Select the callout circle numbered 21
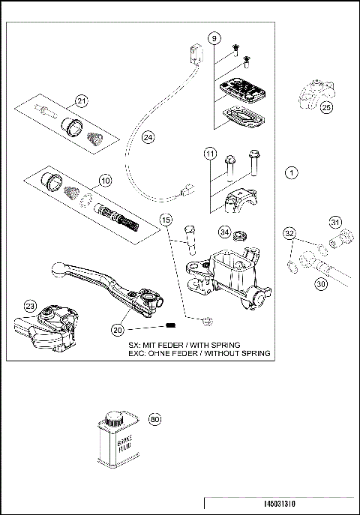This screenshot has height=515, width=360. tap(82, 102)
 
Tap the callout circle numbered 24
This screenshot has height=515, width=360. tap(148, 137)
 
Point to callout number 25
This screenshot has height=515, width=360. tap(325, 108)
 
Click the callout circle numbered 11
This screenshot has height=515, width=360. tap(211, 154)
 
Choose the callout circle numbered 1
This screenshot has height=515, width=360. tap(292, 172)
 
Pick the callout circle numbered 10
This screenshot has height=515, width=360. tap(103, 181)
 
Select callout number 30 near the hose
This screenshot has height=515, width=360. tap(320, 283)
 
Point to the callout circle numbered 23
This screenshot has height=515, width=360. tap(30, 305)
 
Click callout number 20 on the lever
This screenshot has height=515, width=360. tap(117, 328)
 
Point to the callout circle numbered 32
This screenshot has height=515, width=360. tap(289, 234)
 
